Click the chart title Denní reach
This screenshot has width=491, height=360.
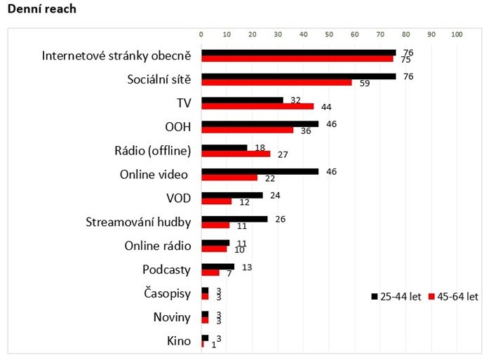(41, 10)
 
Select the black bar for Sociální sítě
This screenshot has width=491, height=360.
(298, 76)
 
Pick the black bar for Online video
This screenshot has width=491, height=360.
(260, 171)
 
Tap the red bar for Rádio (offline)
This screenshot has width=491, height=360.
(236, 154)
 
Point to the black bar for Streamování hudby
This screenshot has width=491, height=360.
(234, 219)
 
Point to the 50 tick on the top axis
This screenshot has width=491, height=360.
(329, 34)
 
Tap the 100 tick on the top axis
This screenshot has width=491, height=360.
(457, 34)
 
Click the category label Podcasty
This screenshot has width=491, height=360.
(166, 270)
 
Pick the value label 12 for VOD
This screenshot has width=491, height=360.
(245, 202)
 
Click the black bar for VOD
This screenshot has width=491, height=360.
(232, 195)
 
